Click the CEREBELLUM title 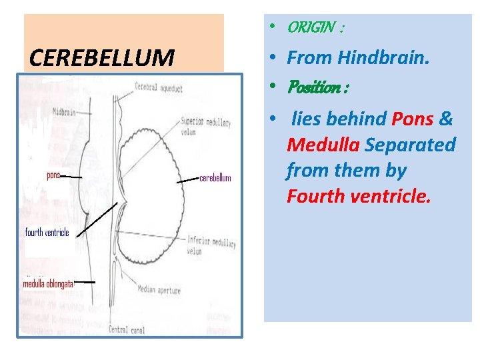tap(101, 58)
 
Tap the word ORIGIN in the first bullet tap(311, 28)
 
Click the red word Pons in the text tap(413, 119)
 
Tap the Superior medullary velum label tap(207, 126)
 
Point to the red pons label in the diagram tap(53, 175)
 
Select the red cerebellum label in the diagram tap(215, 178)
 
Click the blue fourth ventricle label tap(47, 233)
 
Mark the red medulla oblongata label tap(48, 283)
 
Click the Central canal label tap(127, 328)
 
